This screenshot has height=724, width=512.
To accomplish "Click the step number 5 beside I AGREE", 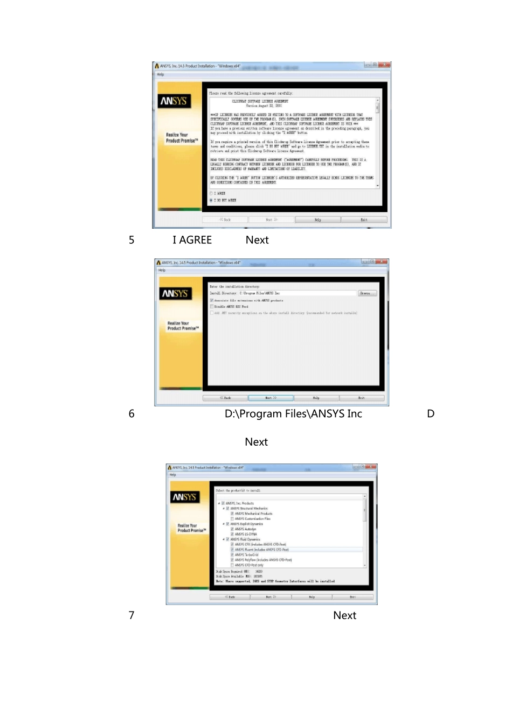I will (x=132, y=240).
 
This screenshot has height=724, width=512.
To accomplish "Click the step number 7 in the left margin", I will (x=132, y=615).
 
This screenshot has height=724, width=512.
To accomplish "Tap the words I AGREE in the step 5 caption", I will (x=192, y=240).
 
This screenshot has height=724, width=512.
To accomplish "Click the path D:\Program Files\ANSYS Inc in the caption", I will (x=293, y=414).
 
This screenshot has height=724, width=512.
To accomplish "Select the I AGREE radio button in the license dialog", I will (x=211, y=193).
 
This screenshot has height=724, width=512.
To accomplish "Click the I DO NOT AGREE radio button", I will (x=211, y=200).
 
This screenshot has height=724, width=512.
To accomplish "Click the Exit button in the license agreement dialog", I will (x=364, y=220).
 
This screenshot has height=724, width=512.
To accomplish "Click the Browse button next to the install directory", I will (x=366, y=293).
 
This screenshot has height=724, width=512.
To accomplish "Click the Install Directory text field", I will (x=296, y=293).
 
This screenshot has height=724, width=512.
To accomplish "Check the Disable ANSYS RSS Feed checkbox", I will (x=212, y=306).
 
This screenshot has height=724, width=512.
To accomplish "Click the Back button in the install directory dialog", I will (x=225, y=398).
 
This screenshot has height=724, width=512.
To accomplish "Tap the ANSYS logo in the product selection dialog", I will (x=184, y=497).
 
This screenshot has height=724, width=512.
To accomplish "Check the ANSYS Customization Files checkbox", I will (x=232, y=519).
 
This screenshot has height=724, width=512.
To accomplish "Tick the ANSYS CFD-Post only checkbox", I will (x=232, y=565).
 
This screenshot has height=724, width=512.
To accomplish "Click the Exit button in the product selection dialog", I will (x=352, y=597).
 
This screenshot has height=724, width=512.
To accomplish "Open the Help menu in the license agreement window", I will (x=161, y=74).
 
